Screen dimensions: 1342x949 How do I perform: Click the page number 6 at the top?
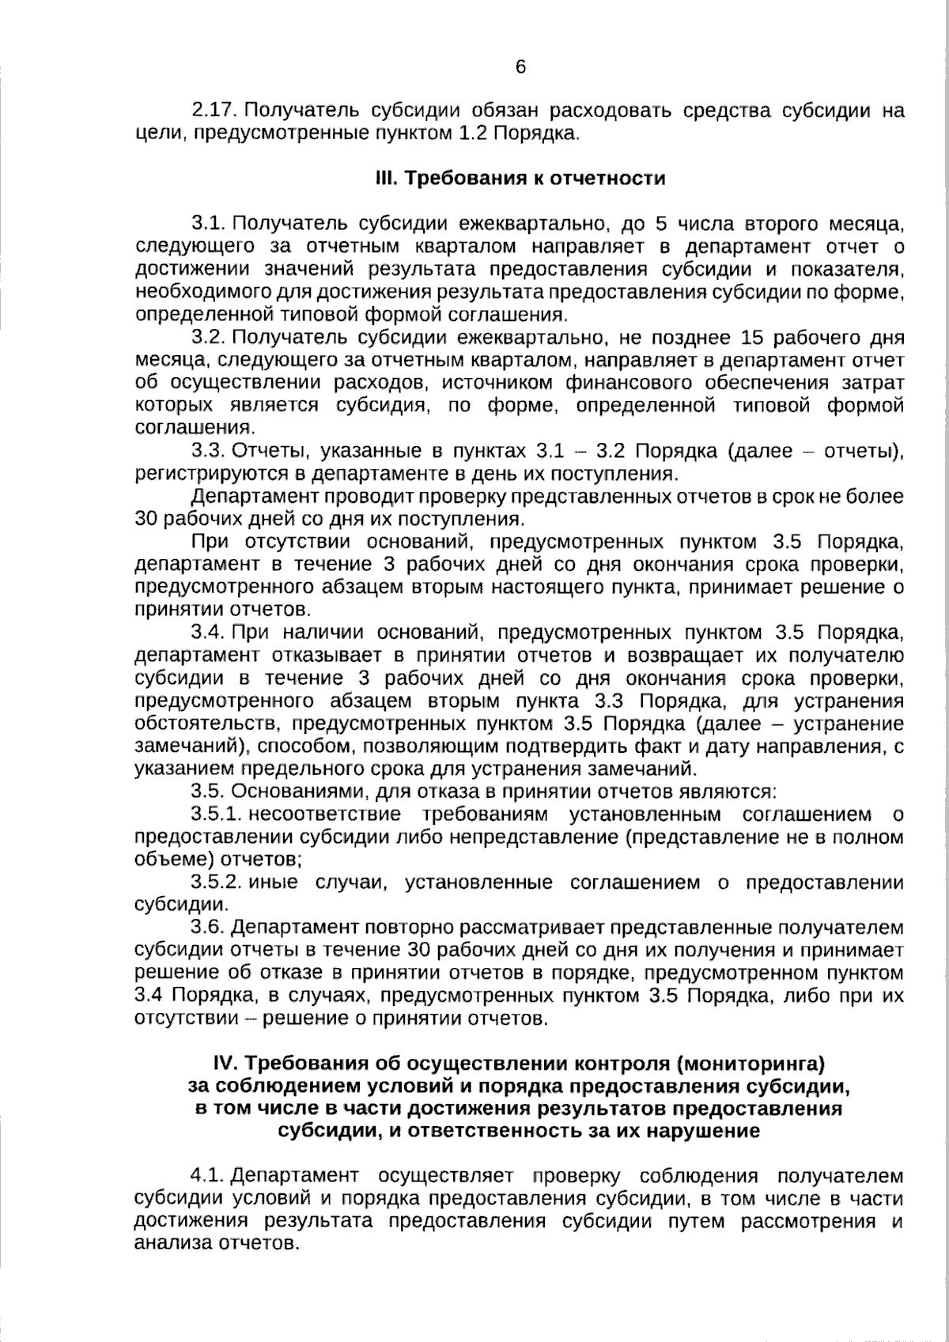pyautogui.click(x=520, y=67)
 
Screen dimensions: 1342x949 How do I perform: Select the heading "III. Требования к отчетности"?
pyautogui.click(x=520, y=178)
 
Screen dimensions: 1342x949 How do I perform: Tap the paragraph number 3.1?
pyautogui.click(x=208, y=224)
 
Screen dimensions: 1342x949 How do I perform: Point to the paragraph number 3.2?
pyautogui.click(x=209, y=338)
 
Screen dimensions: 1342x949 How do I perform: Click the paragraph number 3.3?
pyautogui.click(x=209, y=452)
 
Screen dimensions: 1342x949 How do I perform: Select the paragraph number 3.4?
pyautogui.click(x=209, y=633)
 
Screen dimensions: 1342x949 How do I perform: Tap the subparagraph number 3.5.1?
pyautogui.click(x=215, y=815)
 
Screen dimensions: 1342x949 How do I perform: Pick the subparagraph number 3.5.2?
pyautogui.click(x=216, y=883)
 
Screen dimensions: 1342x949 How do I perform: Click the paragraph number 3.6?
pyautogui.click(x=209, y=928)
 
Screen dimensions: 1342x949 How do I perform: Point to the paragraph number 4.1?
pyautogui.click(x=209, y=1176)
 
